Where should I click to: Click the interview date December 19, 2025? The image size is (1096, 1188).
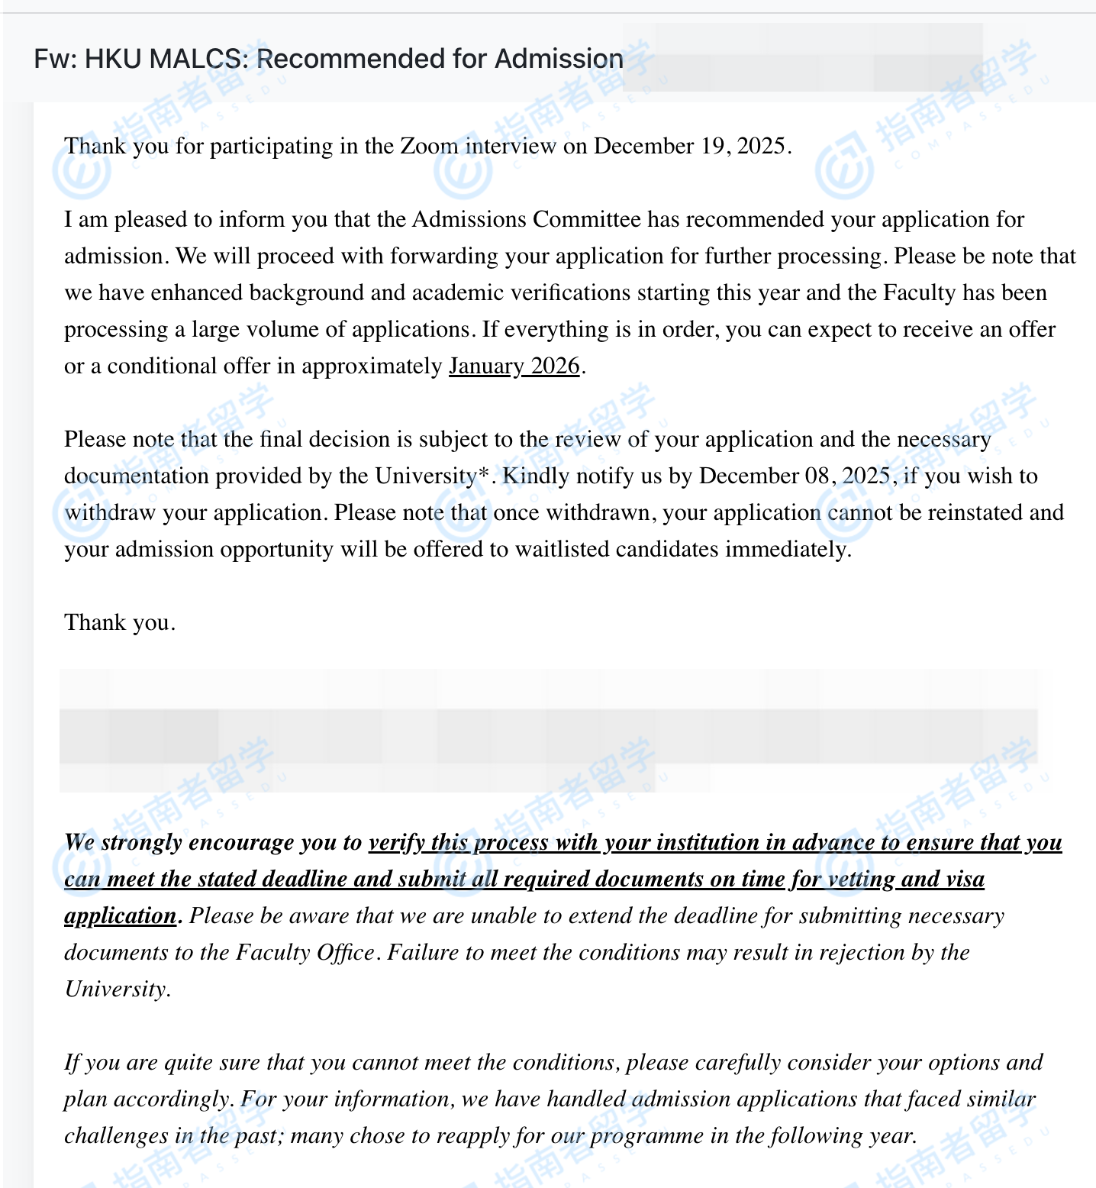tap(689, 146)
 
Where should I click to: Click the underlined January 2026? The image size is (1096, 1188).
tap(514, 366)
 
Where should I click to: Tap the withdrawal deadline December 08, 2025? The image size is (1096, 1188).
tap(795, 476)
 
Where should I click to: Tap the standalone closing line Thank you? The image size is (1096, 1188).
tap(120, 622)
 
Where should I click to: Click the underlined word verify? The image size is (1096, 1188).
tap(396, 842)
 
